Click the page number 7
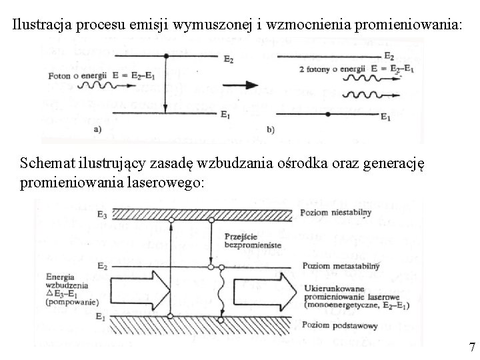pyautogui.click(x=472, y=347)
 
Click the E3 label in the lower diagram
pyautogui.click(x=101, y=214)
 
